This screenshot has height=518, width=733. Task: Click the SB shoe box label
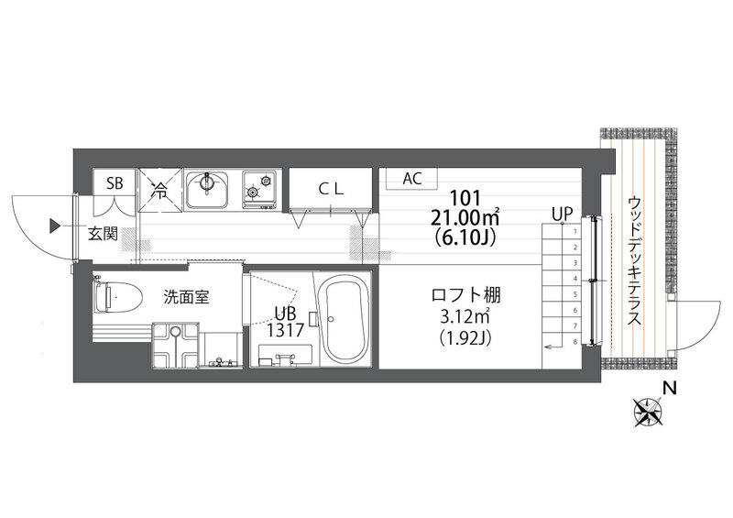point(115,183)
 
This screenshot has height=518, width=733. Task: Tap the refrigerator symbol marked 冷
point(159,191)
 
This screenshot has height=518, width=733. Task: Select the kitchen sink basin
point(207,190)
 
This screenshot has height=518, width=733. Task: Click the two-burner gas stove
point(259,190)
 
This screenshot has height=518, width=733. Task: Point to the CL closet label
point(331,189)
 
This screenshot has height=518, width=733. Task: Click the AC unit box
point(411,178)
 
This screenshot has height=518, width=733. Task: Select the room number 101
point(465,198)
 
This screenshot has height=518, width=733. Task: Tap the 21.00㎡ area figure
point(465,217)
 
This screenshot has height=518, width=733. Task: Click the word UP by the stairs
point(562,215)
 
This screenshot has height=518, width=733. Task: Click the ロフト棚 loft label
point(465,296)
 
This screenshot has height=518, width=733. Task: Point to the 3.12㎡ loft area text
point(465,317)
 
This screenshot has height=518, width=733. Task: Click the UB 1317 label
point(285,322)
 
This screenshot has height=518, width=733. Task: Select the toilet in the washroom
point(118,297)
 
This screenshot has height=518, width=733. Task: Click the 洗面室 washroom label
point(186,297)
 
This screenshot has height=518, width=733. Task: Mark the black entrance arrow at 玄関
point(55,226)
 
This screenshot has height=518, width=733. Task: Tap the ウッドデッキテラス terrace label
point(634,260)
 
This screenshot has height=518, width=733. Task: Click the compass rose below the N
point(648,413)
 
